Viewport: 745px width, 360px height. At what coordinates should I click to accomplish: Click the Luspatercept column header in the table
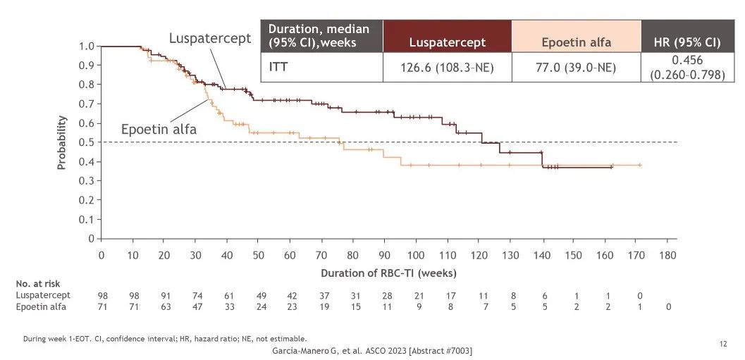click(x=448, y=42)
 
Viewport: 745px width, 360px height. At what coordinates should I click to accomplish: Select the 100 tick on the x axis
click(x=416, y=254)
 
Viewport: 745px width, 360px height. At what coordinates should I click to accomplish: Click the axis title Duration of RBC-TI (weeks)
click(x=383, y=272)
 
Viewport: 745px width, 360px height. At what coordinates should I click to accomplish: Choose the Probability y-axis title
click(x=62, y=142)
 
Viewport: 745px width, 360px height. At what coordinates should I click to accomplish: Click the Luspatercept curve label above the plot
click(x=210, y=38)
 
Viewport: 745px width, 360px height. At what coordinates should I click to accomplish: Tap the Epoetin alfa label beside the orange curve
click(x=158, y=130)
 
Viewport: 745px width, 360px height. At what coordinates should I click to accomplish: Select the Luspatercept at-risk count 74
click(x=196, y=295)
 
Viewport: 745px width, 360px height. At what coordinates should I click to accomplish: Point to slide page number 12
click(x=723, y=343)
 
